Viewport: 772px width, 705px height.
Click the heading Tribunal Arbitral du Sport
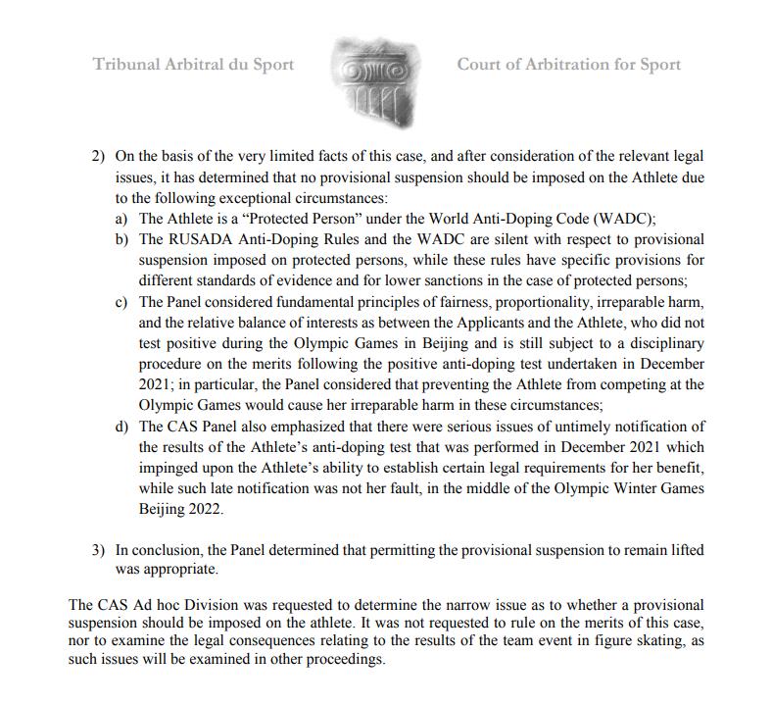193,66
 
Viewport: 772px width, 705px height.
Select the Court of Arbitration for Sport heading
568,66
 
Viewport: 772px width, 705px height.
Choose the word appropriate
178,569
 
